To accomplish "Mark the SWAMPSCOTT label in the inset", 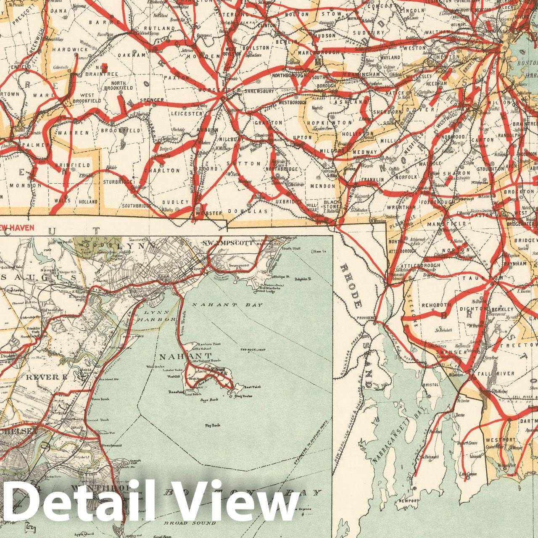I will coord(227,243).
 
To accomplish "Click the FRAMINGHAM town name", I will coord(363,74).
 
